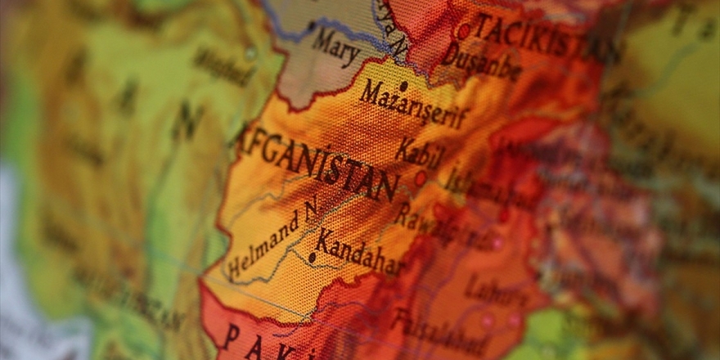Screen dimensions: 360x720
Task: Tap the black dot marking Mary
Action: pos(311,26)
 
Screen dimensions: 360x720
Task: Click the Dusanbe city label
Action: pos(483,61)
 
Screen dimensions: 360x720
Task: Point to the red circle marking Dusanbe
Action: pos(464,31)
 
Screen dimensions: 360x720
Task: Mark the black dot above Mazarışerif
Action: pos(403,85)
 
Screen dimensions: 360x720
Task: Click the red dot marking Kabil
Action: pos(421,178)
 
